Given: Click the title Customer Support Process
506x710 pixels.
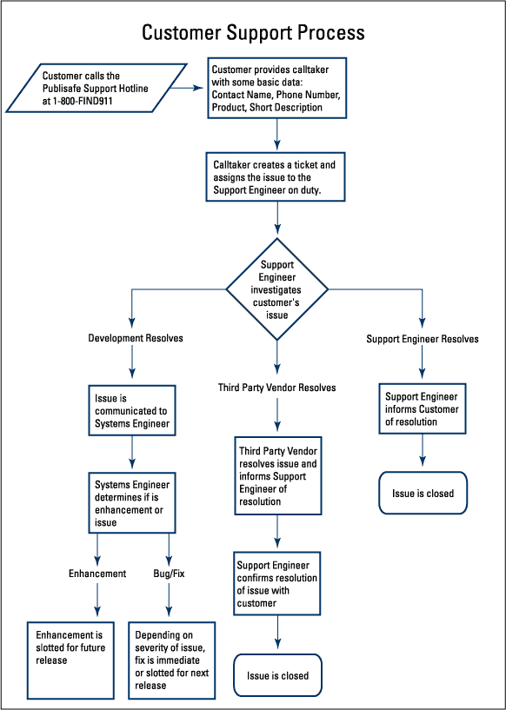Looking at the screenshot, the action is click(x=253, y=34).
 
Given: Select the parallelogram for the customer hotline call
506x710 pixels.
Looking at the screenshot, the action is click(x=96, y=88).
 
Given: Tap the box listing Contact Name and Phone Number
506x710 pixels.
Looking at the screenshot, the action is click(x=277, y=88).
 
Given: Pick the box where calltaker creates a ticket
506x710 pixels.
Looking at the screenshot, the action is click(x=276, y=177).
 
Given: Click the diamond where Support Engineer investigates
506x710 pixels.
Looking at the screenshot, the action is click(x=277, y=289).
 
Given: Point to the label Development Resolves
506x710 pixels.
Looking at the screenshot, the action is click(x=136, y=338).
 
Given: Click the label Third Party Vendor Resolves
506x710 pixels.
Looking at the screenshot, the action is click(x=277, y=388).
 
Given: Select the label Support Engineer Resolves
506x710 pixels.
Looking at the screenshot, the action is click(x=423, y=339).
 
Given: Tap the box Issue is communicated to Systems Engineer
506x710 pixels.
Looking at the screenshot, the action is click(x=132, y=411).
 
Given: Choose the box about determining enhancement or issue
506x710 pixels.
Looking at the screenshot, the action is click(x=132, y=503).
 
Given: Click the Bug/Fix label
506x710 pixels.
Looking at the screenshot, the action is click(x=169, y=574).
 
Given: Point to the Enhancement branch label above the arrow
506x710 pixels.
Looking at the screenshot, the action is click(x=97, y=574).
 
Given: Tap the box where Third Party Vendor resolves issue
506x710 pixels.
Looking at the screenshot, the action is click(x=278, y=476).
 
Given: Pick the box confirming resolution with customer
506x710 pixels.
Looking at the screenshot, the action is click(x=277, y=583).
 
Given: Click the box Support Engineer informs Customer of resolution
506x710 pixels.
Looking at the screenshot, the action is click(x=423, y=409).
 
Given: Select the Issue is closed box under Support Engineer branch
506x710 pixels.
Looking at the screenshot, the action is click(x=423, y=493).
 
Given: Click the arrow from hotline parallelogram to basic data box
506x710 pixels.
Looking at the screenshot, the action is click(x=187, y=88).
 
